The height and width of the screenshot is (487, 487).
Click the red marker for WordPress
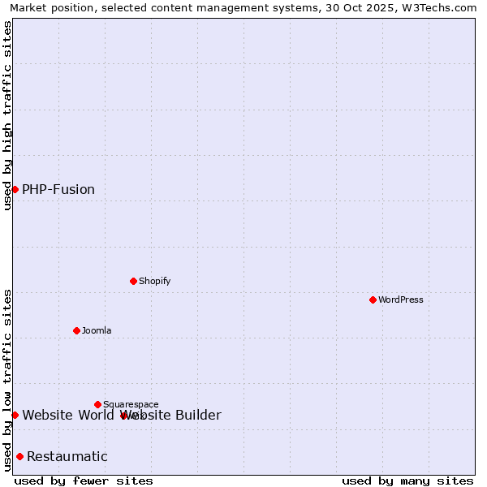[373, 300]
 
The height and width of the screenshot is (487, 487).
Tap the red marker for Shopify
[133, 281]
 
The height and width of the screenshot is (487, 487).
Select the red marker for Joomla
[76, 330]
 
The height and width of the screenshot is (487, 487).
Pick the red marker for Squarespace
[97, 404]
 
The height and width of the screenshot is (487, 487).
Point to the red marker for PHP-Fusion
[15, 189]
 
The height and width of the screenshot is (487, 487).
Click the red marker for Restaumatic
[19, 456]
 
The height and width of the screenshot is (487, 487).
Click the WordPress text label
[401, 300]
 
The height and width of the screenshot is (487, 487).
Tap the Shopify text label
[154, 281]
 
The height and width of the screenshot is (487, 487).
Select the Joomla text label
[97, 330]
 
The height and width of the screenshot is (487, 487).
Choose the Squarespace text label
[131, 404]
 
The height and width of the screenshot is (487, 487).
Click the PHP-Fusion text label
[58, 189]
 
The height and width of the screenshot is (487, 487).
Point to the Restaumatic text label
[67, 456]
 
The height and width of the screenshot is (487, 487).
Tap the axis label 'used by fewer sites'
[84, 481]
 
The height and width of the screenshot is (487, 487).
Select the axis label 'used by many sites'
[407, 481]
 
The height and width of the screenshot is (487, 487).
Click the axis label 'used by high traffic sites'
[7, 115]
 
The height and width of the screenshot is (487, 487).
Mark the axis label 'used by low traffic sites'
[7, 380]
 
